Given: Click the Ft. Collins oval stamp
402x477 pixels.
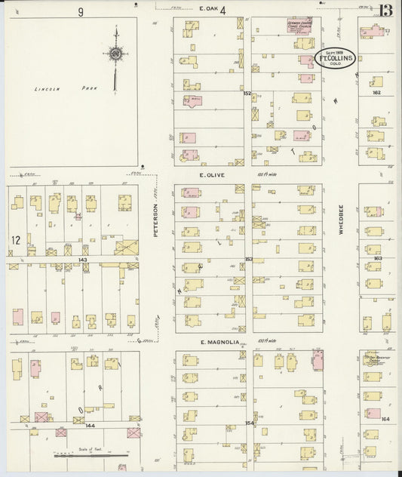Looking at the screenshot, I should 337,59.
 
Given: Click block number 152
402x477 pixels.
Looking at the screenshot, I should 247,93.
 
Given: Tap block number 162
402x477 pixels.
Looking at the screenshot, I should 377,93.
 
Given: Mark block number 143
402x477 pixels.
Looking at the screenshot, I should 83,259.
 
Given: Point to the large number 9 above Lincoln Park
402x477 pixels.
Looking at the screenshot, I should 79,11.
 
